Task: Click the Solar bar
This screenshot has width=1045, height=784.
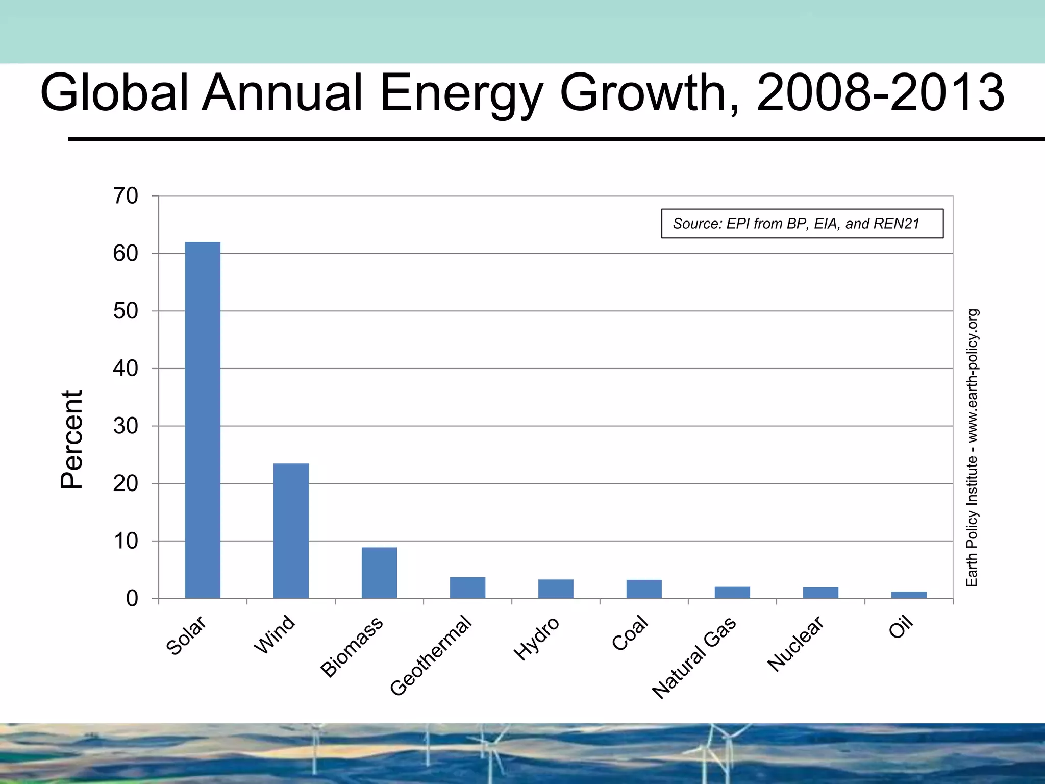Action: click(x=203, y=420)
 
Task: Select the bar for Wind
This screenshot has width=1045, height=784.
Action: click(x=291, y=531)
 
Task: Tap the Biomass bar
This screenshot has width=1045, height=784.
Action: click(x=379, y=573)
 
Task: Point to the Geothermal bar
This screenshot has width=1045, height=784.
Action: click(x=467, y=587)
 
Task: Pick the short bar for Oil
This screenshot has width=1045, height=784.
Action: click(x=909, y=595)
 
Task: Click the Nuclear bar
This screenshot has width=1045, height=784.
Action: click(x=820, y=593)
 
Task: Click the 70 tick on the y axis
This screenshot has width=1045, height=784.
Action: click(x=126, y=196)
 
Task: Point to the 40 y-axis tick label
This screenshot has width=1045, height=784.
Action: click(x=126, y=369)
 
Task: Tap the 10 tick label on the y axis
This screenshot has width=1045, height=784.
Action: click(x=126, y=541)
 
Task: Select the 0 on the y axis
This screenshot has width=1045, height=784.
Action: click(x=132, y=599)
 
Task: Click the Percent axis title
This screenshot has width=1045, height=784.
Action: click(x=71, y=440)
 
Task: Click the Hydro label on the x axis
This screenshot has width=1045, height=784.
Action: click(x=537, y=638)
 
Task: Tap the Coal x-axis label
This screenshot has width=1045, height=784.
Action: click(x=630, y=633)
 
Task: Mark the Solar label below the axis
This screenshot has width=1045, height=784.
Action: click(x=186, y=635)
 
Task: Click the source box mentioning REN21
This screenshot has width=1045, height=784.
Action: click(x=802, y=224)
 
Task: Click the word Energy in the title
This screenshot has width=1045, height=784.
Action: click(x=461, y=93)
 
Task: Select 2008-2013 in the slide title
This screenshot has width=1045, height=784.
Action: click(x=880, y=93)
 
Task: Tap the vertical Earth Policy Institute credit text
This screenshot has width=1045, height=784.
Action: click(x=972, y=448)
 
